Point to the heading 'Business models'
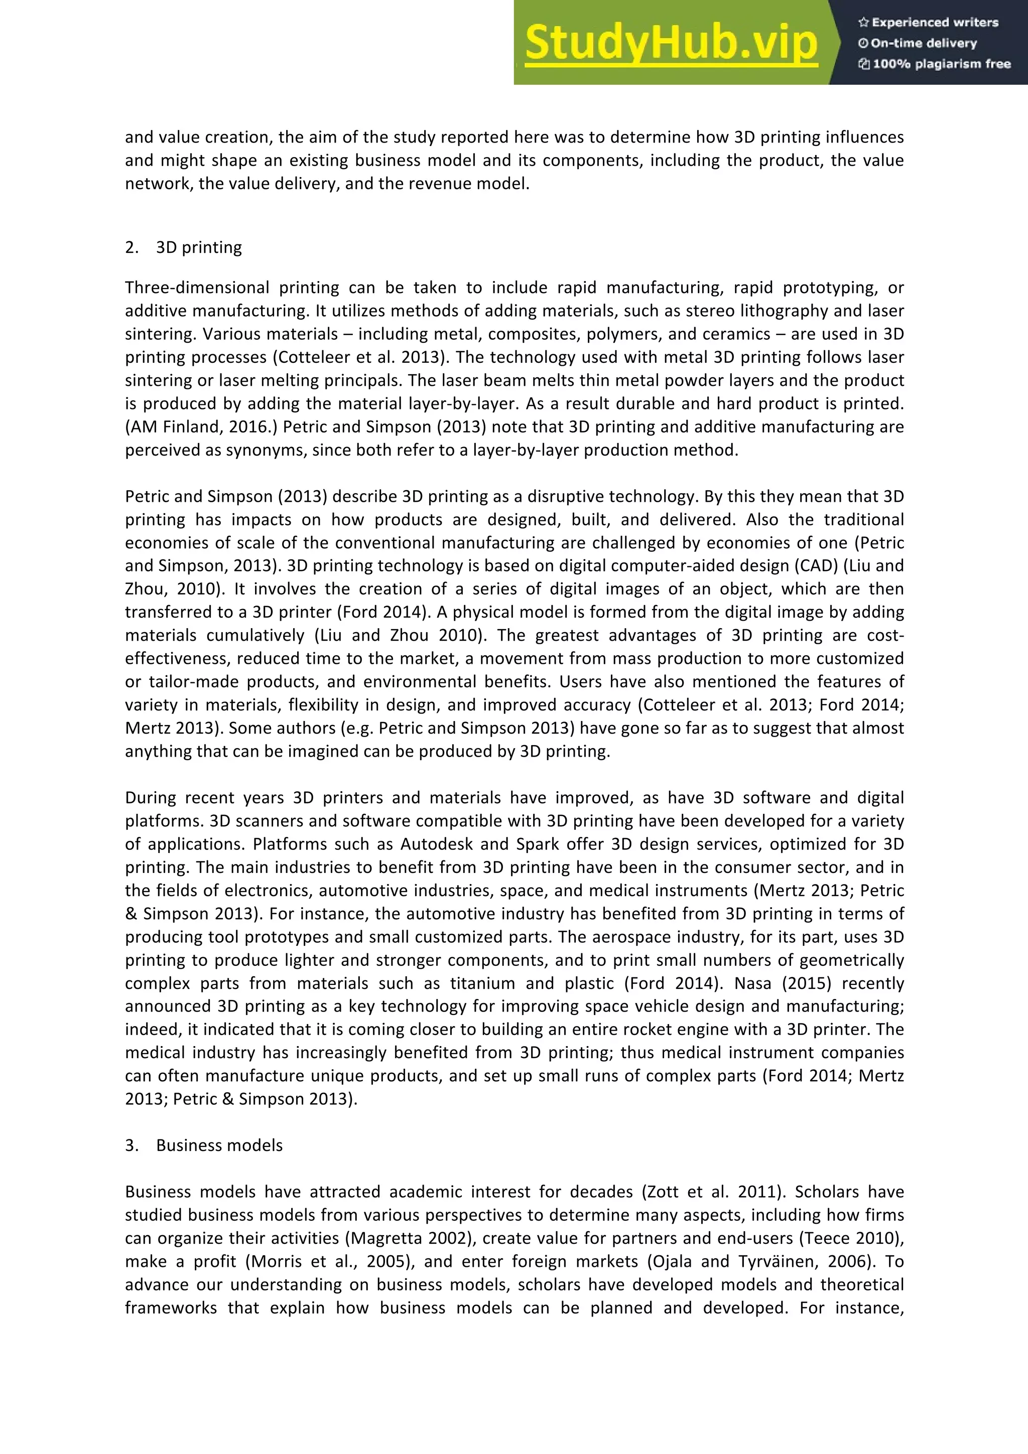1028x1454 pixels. [219, 1145]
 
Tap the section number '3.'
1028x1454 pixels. [132, 1145]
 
